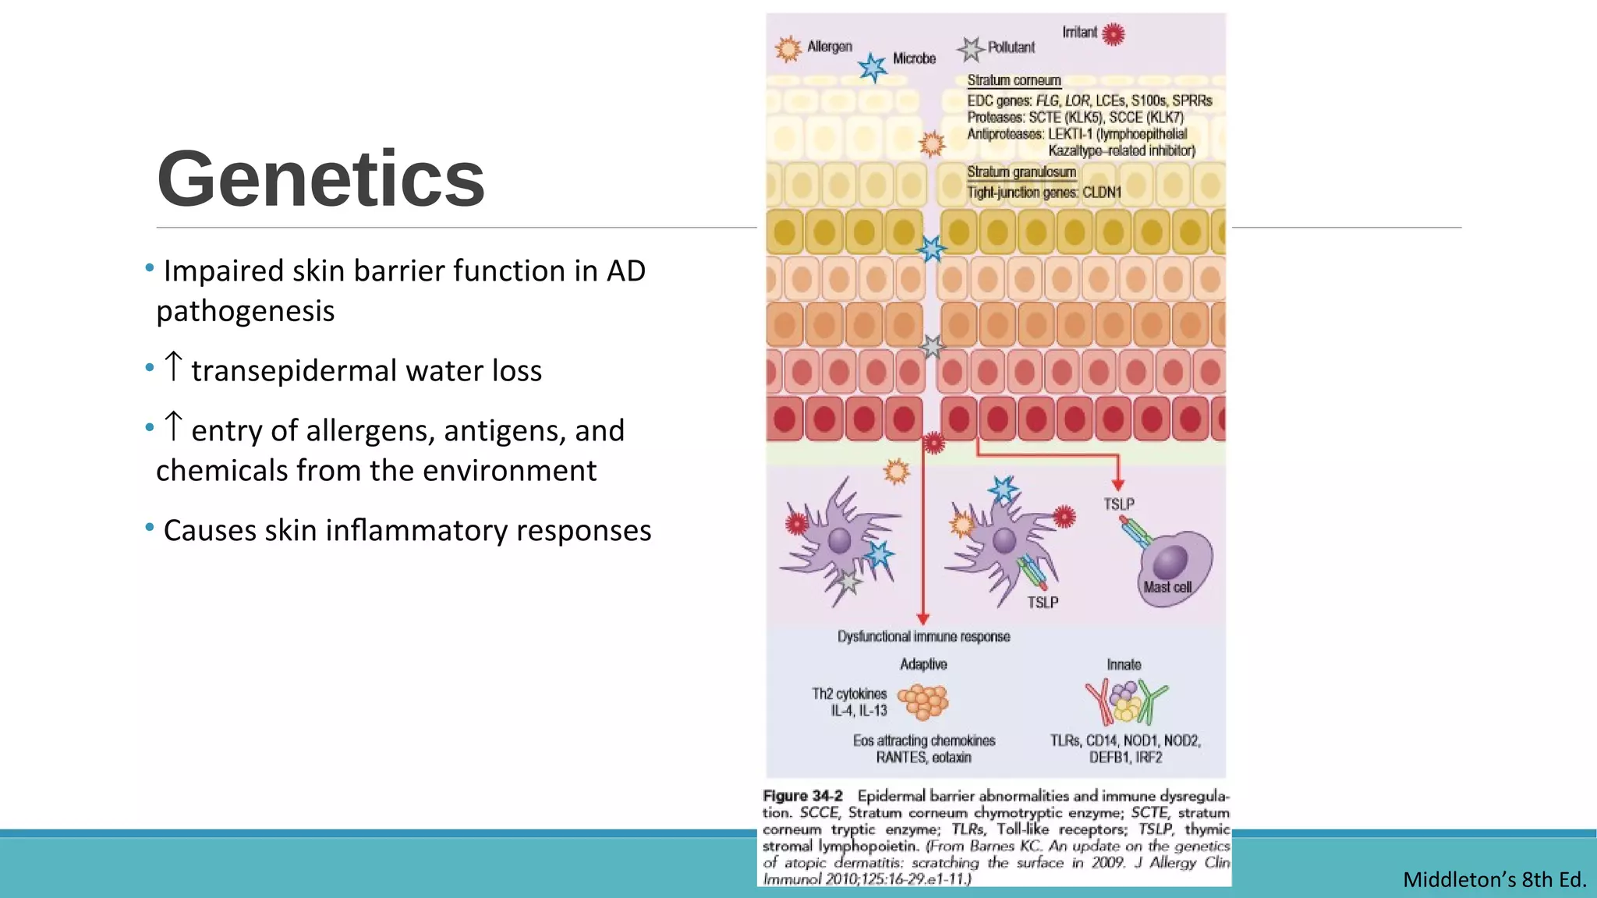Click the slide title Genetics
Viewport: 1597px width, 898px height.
click(320, 179)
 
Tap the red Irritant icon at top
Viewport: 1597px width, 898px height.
click(1114, 34)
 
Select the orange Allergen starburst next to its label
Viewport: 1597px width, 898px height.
click(788, 48)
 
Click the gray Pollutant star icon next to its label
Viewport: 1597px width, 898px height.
click(971, 49)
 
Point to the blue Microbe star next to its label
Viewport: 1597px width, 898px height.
click(873, 67)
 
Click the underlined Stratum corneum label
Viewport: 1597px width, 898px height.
click(1014, 80)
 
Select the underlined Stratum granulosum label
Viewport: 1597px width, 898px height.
click(1021, 172)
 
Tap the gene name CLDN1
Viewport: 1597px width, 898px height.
click(1101, 193)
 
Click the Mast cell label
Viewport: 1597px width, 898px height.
click(1167, 587)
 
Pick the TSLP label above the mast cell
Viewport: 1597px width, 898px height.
click(1118, 504)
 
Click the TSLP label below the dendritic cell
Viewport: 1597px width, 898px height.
click(1043, 603)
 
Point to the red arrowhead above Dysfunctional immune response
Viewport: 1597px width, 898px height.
click(923, 619)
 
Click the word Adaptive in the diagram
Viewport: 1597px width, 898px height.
click(923, 664)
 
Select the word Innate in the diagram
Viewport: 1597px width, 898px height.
click(1124, 665)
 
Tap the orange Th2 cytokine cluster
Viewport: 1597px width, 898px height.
click(923, 702)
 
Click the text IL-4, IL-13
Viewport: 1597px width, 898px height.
click(859, 711)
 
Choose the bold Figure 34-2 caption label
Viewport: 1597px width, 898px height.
click(802, 796)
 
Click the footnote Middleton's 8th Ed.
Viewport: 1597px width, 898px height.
click(1494, 880)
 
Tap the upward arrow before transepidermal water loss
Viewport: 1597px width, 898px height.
click(173, 366)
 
